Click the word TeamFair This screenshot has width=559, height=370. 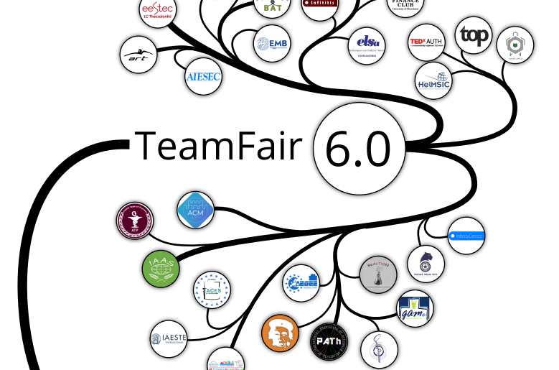pos(221,146)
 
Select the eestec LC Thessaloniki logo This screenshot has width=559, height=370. pos(157,10)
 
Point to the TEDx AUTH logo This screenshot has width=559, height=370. pos(426,42)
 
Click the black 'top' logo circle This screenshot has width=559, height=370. pos(474,34)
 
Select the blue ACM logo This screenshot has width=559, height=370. pos(195,210)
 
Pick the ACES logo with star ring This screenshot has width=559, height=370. pos(212,292)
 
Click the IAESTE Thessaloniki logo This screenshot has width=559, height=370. pos(167,339)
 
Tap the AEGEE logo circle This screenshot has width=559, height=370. pos(301,282)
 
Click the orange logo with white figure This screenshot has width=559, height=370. pos(281,333)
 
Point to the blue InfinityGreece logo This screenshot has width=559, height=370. pos(466,235)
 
